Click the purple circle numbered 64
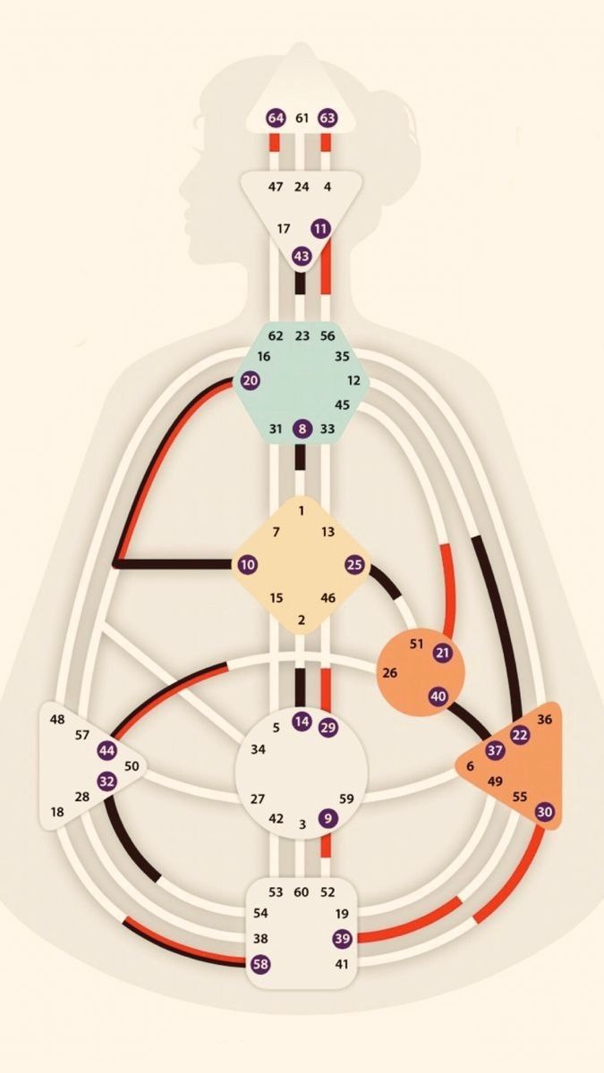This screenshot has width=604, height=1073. pyautogui.click(x=276, y=118)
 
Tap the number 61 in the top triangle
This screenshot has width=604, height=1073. pyautogui.click(x=302, y=118)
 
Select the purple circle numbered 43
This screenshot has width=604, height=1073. pyautogui.click(x=302, y=256)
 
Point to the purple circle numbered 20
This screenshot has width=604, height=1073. pyautogui.click(x=251, y=380)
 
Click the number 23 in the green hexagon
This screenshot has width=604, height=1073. pyautogui.click(x=302, y=336)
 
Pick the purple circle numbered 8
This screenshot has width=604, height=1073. pyautogui.click(x=302, y=429)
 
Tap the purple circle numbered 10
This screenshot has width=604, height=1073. pyautogui.click(x=247, y=564)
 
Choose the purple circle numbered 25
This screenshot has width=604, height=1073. pyautogui.click(x=355, y=564)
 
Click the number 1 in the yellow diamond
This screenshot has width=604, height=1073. pyautogui.click(x=302, y=511)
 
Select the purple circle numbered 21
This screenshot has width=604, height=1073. pyautogui.click(x=442, y=653)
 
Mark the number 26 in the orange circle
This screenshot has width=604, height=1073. pyautogui.click(x=389, y=672)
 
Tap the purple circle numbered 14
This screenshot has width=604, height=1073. pyautogui.click(x=302, y=721)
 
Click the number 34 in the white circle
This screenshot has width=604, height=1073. pyautogui.click(x=258, y=748)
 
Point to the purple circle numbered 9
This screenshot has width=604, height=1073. pyautogui.click(x=328, y=817)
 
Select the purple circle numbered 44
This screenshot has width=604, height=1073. pyautogui.click(x=107, y=749)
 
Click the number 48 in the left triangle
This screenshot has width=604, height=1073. pyautogui.click(x=57, y=719)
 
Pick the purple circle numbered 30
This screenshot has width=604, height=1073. pyautogui.click(x=545, y=811)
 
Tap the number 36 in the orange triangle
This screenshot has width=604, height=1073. pyautogui.click(x=545, y=719)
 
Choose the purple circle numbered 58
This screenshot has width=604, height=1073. pyautogui.click(x=260, y=964)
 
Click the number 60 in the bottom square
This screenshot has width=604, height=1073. pyautogui.click(x=302, y=892)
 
